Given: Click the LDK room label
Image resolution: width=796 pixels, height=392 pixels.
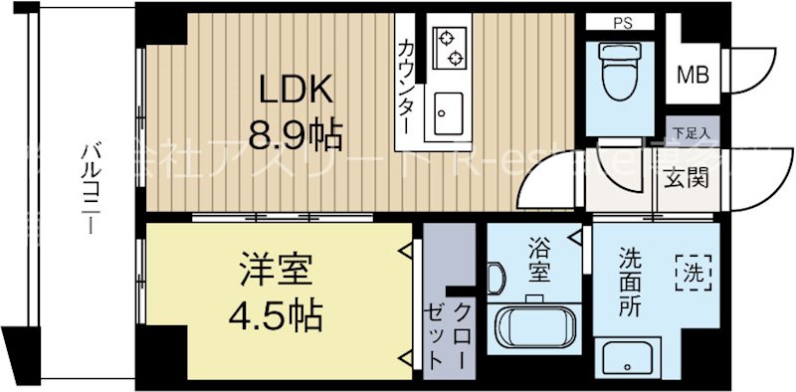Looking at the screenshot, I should click(296, 91).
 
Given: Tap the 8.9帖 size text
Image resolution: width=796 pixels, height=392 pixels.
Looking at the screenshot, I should click(296, 131).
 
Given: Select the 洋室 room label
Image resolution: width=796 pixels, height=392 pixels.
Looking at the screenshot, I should click(276, 270).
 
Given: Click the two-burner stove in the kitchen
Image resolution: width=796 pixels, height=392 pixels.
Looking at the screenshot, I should click(451, 44).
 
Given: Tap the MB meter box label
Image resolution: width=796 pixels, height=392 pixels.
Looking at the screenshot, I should click(693, 73).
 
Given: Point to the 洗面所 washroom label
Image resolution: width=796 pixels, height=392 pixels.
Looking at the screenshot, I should click(630, 281).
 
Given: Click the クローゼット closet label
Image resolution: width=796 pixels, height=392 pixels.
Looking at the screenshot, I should click(450, 335).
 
